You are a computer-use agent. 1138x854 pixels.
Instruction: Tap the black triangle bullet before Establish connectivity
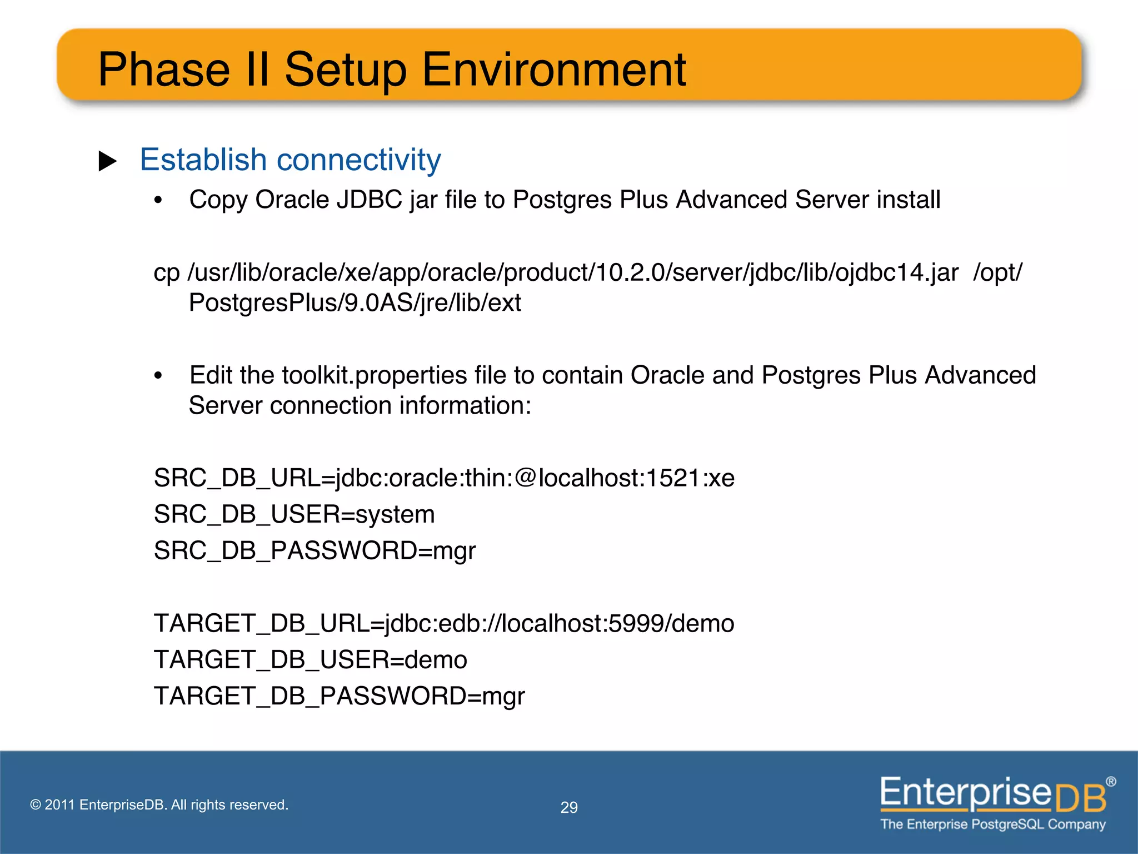pyautogui.click(x=108, y=161)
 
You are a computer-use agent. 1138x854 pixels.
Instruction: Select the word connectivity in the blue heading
pyautogui.click(x=358, y=160)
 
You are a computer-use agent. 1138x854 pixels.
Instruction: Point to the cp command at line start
pyautogui.click(x=166, y=273)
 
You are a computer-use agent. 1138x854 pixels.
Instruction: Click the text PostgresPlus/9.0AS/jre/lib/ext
pyautogui.click(x=355, y=303)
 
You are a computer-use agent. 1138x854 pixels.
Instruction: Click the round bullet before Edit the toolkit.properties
pyautogui.click(x=158, y=376)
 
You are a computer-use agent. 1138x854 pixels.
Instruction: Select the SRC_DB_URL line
pyautogui.click(x=444, y=478)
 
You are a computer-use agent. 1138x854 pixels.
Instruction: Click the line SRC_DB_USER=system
pyautogui.click(x=294, y=514)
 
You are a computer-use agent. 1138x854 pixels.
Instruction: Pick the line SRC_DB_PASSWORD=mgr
pyautogui.click(x=315, y=550)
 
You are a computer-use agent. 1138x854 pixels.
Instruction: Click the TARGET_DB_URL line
pyautogui.click(x=444, y=623)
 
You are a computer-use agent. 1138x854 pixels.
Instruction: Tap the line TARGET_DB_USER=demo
pyautogui.click(x=310, y=660)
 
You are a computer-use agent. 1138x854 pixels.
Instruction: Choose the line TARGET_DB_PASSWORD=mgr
pyautogui.click(x=339, y=696)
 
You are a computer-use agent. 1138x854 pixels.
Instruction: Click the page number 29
pyautogui.click(x=569, y=807)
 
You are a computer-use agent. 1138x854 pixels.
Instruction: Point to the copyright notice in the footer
pyautogui.click(x=159, y=805)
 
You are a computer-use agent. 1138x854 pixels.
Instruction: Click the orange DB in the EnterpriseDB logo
pyautogui.click(x=1080, y=798)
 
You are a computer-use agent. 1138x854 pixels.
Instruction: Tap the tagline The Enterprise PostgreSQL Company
pyautogui.click(x=992, y=824)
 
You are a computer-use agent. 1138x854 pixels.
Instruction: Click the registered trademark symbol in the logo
pyautogui.click(x=1110, y=782)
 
